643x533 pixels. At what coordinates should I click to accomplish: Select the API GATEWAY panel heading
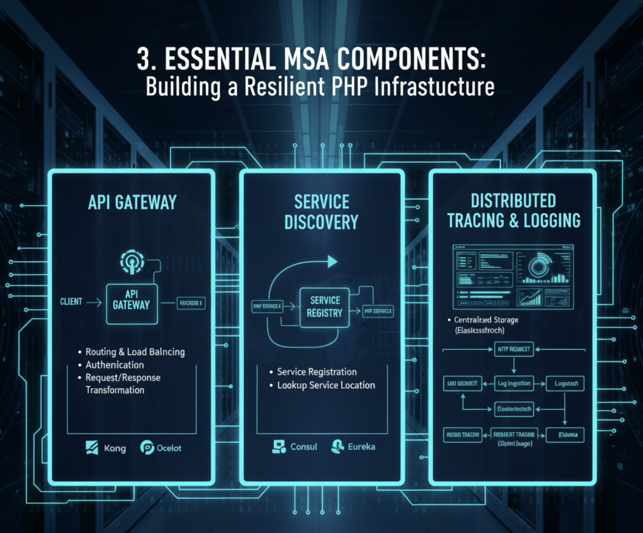[x=132, y=203]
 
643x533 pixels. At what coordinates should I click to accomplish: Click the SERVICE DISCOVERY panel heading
[x=321, y=212]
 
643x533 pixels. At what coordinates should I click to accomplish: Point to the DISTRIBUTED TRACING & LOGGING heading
[x=514, y=211]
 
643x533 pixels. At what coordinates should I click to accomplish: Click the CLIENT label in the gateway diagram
[x=71, y=302]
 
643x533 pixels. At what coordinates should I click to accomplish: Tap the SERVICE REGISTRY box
[x=325, y=307]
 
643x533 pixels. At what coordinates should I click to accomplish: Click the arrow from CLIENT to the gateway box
[x=94, y=302]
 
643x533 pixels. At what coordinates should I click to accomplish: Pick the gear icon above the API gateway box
[x=132, y=261]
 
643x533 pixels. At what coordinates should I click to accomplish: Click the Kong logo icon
[x=92, y=447]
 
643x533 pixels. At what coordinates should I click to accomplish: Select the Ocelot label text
[x=169, y=448]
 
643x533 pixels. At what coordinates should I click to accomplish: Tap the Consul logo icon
[x=278, y=447]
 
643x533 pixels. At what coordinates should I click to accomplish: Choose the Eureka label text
[x=361, y=447]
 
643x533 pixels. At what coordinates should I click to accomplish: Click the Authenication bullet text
[x=115, y=365]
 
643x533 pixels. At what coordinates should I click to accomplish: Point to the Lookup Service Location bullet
[x=326, y=385]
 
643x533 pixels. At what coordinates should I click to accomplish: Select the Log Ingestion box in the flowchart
[x=514, y=384]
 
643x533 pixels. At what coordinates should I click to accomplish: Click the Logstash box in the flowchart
[x=566, y=384]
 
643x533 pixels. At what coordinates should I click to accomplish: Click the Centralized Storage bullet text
[x=486, y=320]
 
